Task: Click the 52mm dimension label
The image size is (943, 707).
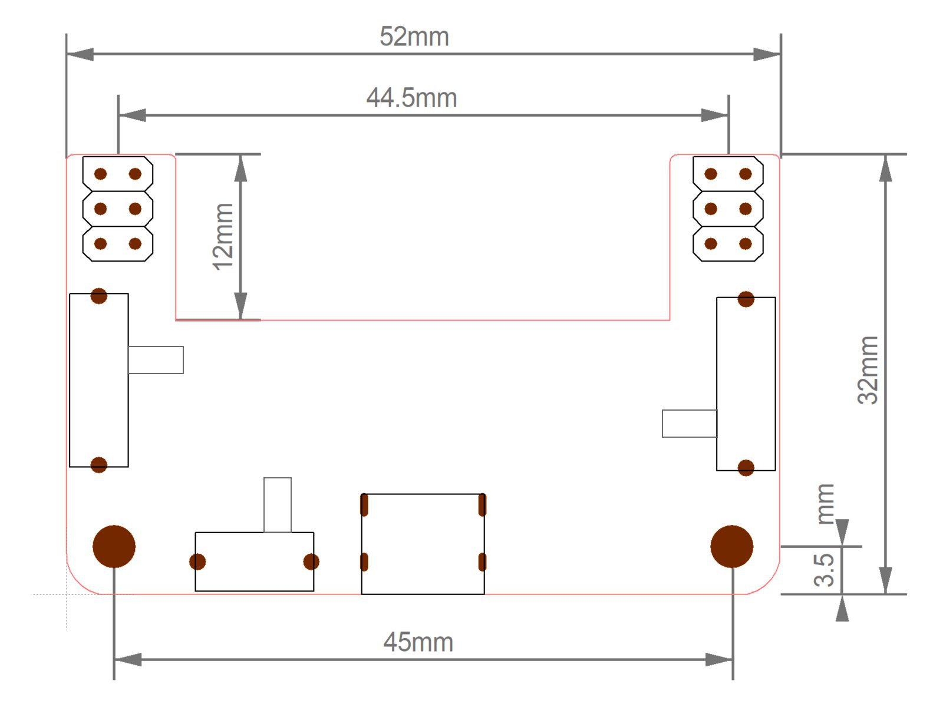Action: [414, 37]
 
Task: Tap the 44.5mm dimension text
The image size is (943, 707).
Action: [411, 98]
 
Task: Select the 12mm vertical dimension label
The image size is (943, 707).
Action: [223, 236]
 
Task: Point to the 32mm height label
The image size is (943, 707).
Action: [868, 370]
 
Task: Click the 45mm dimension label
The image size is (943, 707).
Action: [418, 643]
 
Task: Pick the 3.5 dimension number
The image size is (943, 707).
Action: [823, 570]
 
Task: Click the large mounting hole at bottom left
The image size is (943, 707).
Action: [114, 547]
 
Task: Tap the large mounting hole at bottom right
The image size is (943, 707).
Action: [731, 547]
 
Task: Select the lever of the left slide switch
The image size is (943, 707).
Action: [156, 360]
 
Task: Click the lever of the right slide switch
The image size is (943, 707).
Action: [690, 424]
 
